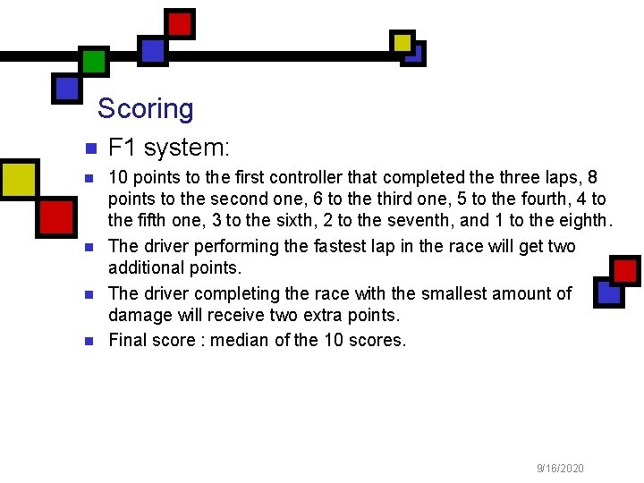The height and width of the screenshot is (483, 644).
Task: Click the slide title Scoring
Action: [x=145, y=109]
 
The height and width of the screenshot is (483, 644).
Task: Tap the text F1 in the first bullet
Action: [x=122, y=147]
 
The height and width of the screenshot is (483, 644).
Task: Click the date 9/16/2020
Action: [x=560, y=468]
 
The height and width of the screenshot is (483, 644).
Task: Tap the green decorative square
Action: [x=94, y=60]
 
